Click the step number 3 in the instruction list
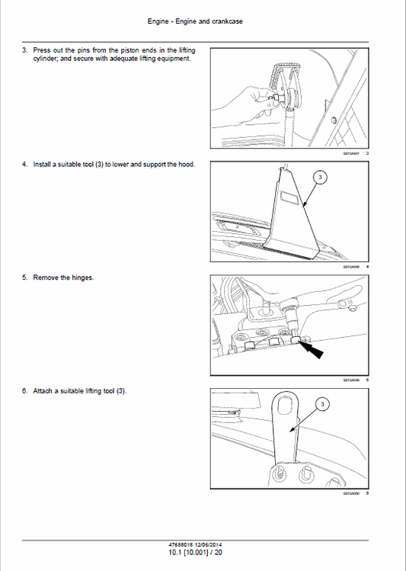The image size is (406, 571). pyautogui.click(x=25, y=50)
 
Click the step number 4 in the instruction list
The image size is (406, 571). pyautogui.click(x=25, y=164)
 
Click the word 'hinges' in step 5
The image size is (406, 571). pyautogui.click(x=81, y=277)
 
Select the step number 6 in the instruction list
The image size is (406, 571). pyautogui.click(x=25, y=391)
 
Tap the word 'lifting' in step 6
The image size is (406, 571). pyautogui.click(x=96, y=391)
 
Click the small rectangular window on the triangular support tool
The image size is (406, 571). pyautogui.click(x=289, y=197)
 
